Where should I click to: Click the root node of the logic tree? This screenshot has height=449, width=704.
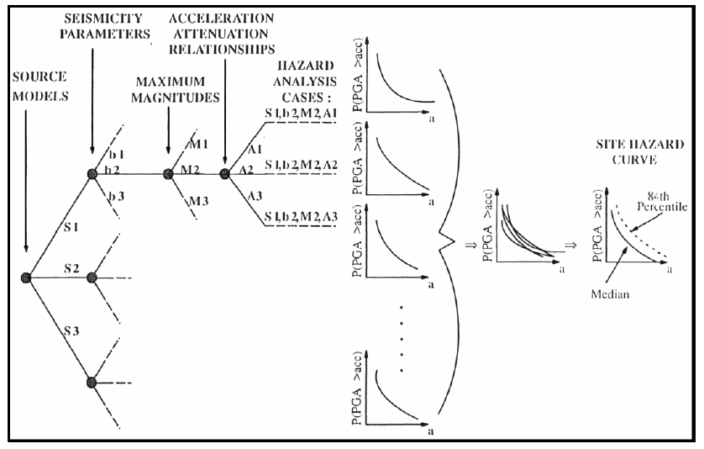27,277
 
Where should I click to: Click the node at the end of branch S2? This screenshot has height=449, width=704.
92,277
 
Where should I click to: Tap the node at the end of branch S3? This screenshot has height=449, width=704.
92,383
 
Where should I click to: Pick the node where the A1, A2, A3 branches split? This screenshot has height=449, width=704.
224,175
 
